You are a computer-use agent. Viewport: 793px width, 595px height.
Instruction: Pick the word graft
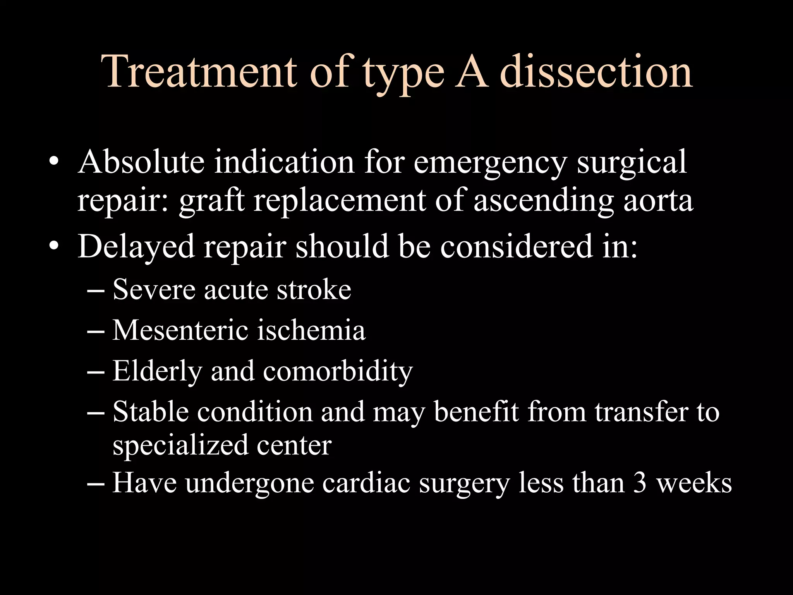click(211, 201)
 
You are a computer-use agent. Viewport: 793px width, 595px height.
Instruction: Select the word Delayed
click(136, 247)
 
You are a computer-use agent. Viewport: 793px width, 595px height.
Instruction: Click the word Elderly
click(157, 372)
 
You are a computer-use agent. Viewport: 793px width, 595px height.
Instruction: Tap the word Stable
click(151, 411)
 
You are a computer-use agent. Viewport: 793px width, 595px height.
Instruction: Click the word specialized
click(180, 445)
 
